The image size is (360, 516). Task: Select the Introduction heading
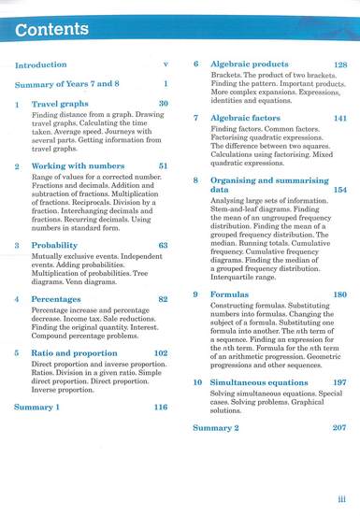tap(41, 65)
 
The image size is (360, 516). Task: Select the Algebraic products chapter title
tap(249, 64)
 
